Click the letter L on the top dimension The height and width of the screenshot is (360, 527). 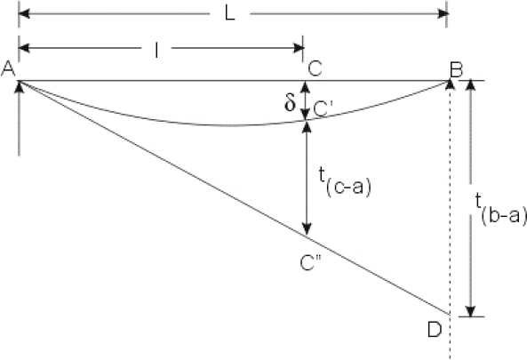pyautogui.click(x=230, y=14)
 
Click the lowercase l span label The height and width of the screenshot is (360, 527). pyautogui.click(x=156, y=51)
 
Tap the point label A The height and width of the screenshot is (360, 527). pyautogui.click(x=8, y=69)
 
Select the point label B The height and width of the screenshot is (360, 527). pyautogui.click(x=456, y=70)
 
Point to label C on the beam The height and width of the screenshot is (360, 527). pyautogui.click(x=315, y=68)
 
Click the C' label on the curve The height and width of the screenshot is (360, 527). pyautogui.click(x=321, y=109)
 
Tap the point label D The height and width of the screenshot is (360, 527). pyautogui.click(x=435, y=330)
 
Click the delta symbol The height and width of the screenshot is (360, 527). pyautogui.click(x=290, y=101)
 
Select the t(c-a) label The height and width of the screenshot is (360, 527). pyautogui.click(x=345, y=181)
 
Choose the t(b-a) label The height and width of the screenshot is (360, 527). pyautogui.click(x=501, y=210)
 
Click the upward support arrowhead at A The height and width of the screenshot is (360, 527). pyautogui.click(x=20, y=87)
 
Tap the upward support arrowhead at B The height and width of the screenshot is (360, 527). pyautogui.click(x=450, y=84)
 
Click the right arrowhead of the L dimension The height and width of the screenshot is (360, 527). pyautogui.click(x=443, y=14)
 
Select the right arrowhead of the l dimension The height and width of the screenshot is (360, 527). pyautogui.click(x=299, y=48)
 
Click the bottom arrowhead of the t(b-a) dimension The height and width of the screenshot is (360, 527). pyautogui.click(x=471, y=311)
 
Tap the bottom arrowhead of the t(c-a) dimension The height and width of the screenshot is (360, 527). pyautogui.click(x=307, y=229)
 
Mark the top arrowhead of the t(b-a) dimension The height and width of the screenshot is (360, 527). pyautogui.click(x=471, y=85)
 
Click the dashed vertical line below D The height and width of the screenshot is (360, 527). pyautogui.click(x=450, y=337)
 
